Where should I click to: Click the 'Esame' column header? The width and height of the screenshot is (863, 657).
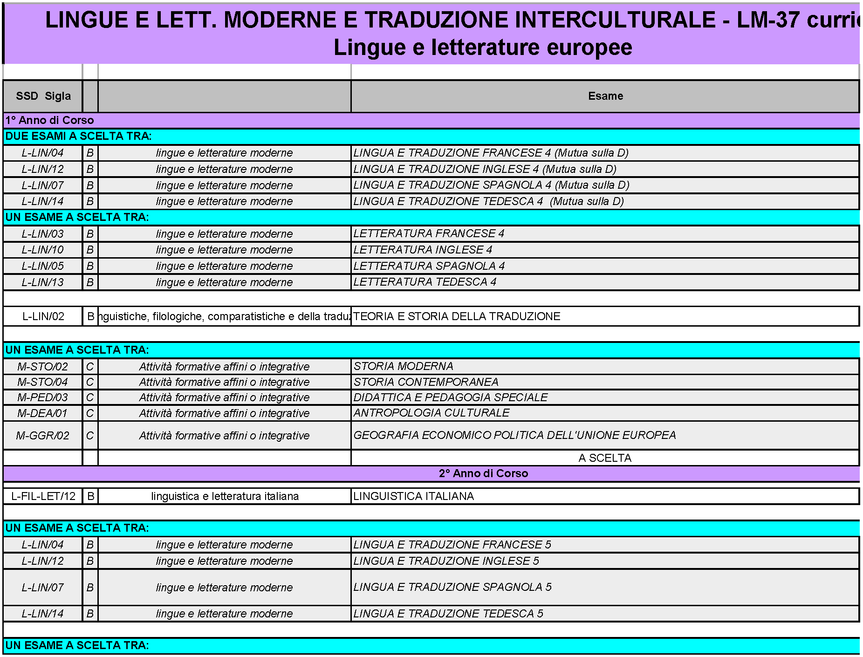(x=605, y=96)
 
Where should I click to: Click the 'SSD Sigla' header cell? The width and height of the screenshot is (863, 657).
(x=43, y=96)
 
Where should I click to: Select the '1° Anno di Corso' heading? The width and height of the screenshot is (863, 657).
(x=49, y=120)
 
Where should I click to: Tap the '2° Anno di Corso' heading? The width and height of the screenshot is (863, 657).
(x=483, y=473)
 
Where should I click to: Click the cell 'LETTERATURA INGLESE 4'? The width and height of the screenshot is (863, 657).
(x=422, y=250)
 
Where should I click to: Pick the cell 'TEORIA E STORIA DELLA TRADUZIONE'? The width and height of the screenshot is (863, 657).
(x=457, y=316)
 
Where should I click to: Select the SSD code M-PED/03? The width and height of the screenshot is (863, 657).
(x=42, y=397)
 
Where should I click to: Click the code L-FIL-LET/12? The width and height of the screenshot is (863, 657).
(x=43, y=496)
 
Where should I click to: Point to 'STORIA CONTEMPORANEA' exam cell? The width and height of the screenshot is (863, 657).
(x=425, y=382)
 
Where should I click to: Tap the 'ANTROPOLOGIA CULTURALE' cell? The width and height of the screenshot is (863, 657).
(x=431, y=413)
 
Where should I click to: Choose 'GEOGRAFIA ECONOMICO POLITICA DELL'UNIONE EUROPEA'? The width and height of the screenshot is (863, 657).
(x=514, y=435)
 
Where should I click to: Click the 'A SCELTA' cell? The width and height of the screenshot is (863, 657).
(x=604, y=458)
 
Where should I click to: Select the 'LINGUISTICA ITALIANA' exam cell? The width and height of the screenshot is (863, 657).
(x=413, y=496)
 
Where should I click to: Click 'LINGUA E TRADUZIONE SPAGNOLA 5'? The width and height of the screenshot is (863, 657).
(x=452, y=587)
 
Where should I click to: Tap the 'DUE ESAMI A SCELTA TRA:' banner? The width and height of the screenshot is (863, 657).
(x=78, y=136)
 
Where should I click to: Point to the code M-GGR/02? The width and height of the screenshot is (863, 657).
(x=42, y=436)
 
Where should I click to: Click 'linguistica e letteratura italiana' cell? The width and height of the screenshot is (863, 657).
(x=225, y=496)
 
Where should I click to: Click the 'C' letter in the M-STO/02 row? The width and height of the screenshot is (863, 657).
(x=90, y=367)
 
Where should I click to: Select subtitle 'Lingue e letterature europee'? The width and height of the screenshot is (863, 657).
(x=483, y=48)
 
